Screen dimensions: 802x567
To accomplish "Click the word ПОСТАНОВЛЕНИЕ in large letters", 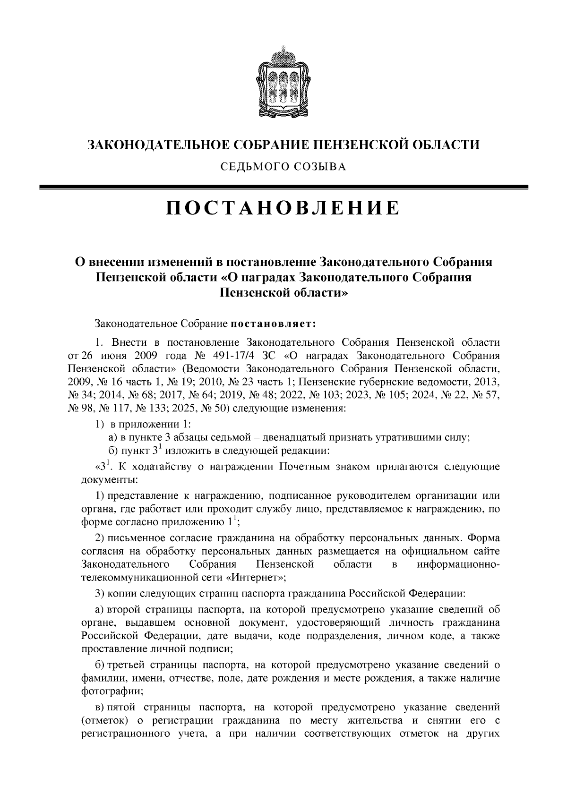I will pos(283,208).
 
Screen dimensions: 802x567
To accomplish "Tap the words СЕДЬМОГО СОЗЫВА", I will pos(283,166).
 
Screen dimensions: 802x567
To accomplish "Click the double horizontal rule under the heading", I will pos(283,187).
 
